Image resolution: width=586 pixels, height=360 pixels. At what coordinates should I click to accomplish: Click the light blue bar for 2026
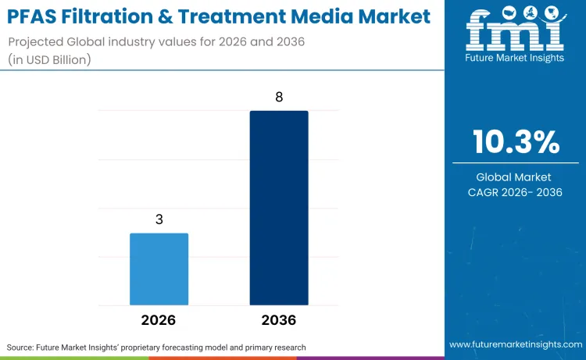tap(159, 269)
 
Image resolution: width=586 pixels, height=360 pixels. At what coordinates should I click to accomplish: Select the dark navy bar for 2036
tap(279, 208)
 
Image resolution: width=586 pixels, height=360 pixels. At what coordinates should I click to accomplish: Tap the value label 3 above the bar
tap(159, 219)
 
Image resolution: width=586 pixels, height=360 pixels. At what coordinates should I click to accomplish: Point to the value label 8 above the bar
tap(279, 98)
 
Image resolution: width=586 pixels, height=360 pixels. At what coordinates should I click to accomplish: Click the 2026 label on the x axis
tap(159, 320)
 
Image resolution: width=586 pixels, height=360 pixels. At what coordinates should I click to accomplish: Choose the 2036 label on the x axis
tap(279, 320)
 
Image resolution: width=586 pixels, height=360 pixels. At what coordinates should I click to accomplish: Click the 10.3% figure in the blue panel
tap(515, 142)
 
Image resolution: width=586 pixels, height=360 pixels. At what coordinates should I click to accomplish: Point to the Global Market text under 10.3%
tap(515, 177)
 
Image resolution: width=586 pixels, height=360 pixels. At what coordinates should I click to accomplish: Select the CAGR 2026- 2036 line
tap(515, 193)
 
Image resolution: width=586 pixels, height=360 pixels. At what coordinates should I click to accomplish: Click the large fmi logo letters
tap(514, 31)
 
